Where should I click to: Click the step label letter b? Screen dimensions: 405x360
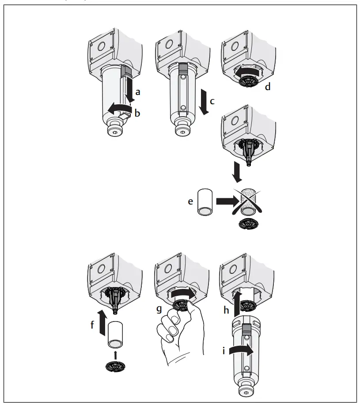coord(137,113)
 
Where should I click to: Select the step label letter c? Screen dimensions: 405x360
coord(212,102)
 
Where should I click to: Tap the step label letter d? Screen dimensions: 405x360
coord(267,87)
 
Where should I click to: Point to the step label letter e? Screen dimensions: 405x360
coord(190,201)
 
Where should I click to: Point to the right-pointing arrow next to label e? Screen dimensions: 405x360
coord(225,201)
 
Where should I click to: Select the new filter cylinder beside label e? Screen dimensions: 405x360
coord(206,202)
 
